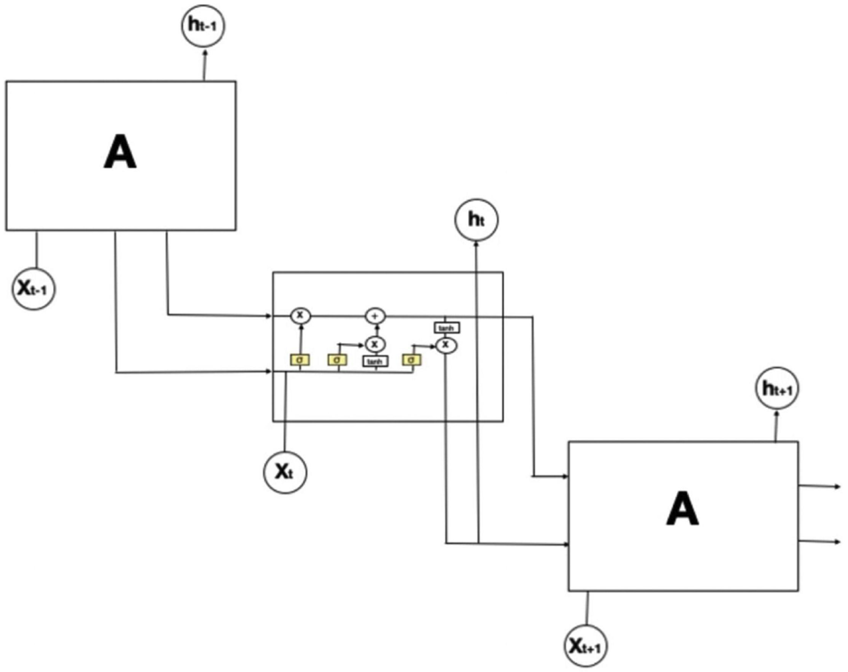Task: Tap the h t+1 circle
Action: click(776, 389)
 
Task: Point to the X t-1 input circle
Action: click(35, 288)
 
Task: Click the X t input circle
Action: click(284, 471)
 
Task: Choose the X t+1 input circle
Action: click(587, 645)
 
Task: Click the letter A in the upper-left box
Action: click(120, 154)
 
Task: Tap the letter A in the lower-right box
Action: click(682, 509)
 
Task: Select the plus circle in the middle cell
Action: click(374, 315)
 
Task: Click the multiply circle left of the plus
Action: click(300, 315)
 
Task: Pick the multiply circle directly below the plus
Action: click(374, 343)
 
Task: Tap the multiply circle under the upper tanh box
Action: click(445, 344)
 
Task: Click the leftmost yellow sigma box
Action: click(300, 360)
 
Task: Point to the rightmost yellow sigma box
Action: click(411, 360)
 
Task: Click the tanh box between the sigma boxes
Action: click(374, 361)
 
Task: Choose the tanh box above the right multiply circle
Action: click(445, 327)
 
